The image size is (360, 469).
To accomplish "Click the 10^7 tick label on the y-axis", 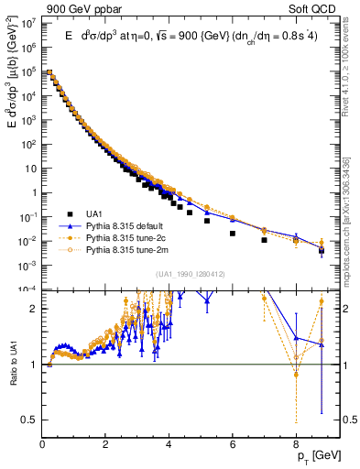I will coord(27,23).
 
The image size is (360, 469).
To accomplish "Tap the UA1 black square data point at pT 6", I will coord(233,233).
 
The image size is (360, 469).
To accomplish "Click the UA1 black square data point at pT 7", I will coord(264,240).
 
